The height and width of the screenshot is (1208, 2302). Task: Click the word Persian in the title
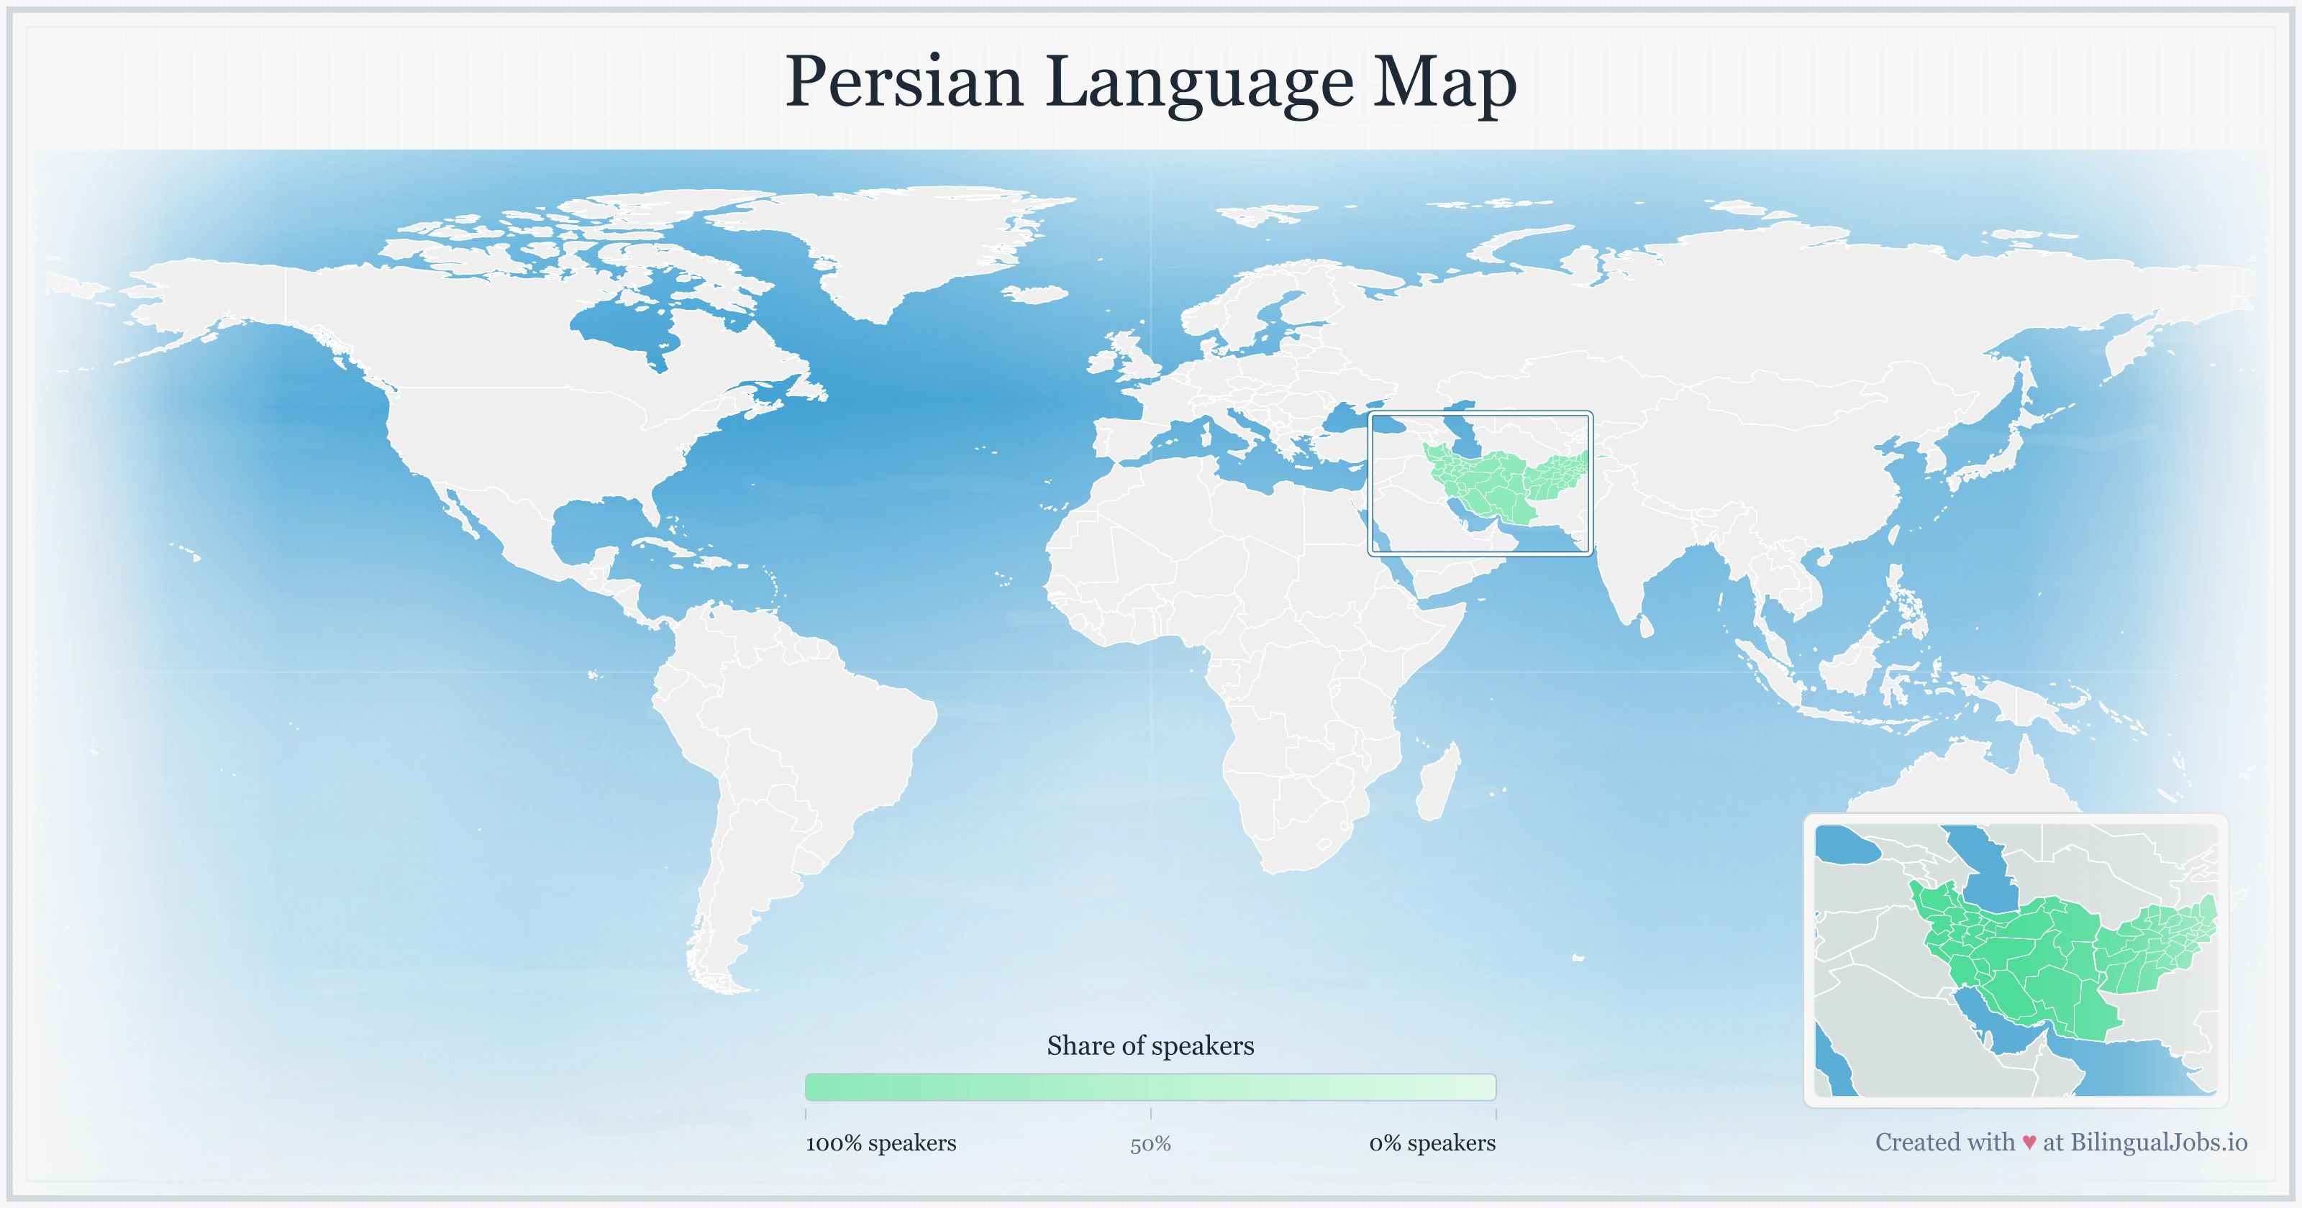[904, 83]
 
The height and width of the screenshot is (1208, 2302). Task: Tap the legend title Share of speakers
[1150, 1045]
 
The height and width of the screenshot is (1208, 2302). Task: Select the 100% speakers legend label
[881, 1143]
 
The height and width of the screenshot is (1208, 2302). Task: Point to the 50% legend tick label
[1150, 1144]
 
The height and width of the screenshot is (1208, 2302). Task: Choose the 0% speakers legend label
[1432, 1143]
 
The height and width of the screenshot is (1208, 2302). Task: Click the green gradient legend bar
[1150, 1086]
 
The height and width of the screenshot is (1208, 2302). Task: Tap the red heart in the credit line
[2029, 1143]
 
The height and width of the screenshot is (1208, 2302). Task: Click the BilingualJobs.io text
[2157, 1142]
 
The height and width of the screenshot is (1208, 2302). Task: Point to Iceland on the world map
[1037, 294]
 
